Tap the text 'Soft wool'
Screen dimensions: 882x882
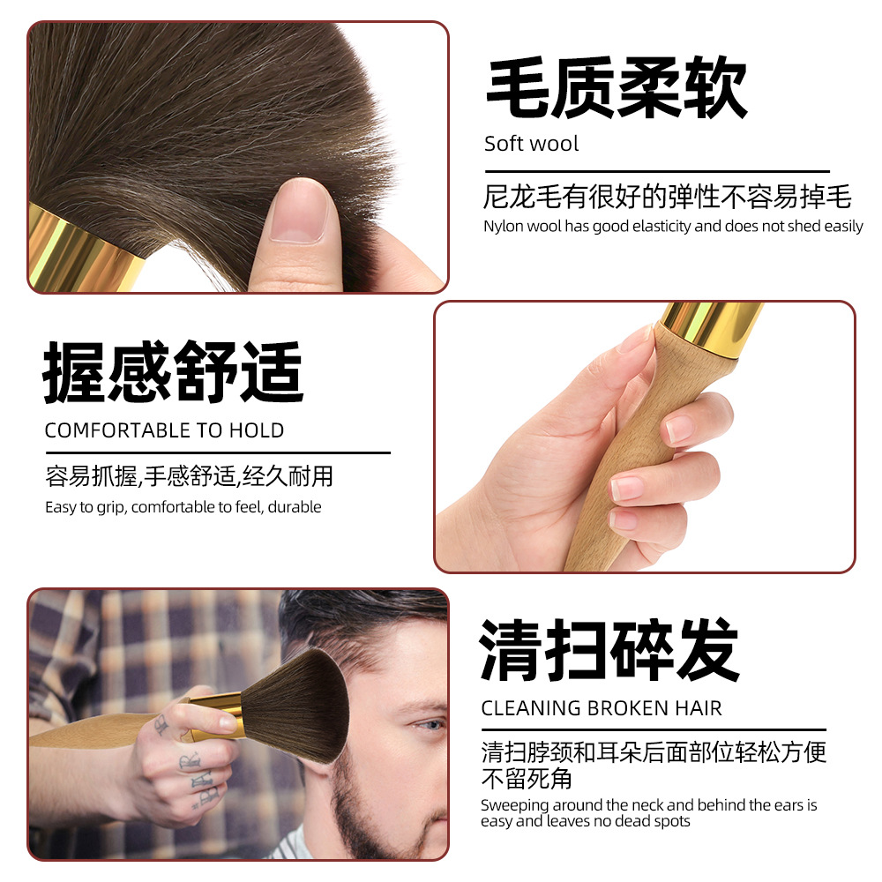531,144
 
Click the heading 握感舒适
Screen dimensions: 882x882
173,371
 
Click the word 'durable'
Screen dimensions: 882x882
295,507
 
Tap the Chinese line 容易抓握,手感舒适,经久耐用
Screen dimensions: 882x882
189,476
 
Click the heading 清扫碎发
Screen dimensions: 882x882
609,650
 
